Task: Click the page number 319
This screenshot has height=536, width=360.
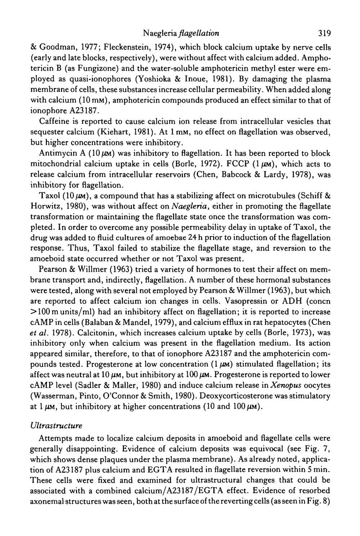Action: pyautogui.click(x=324, y=34)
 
